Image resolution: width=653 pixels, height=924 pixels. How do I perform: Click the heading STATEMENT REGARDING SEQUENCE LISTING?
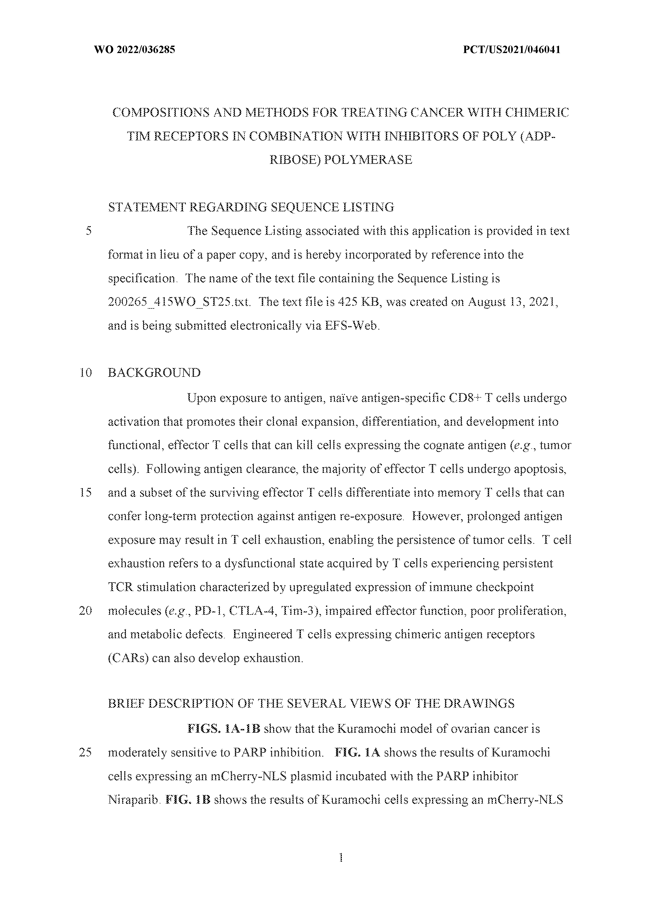[x=251, y=207]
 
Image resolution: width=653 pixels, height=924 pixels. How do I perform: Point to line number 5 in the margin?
[x=89, y=231]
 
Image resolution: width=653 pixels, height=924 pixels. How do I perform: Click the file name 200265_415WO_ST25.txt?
[x=179, y=302]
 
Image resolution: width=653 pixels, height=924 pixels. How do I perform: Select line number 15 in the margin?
[x=86, y=493]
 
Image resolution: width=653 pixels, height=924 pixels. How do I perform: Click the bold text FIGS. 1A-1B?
[x=224, y=729]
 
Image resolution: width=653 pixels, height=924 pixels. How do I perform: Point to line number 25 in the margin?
[x=86, y=752]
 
